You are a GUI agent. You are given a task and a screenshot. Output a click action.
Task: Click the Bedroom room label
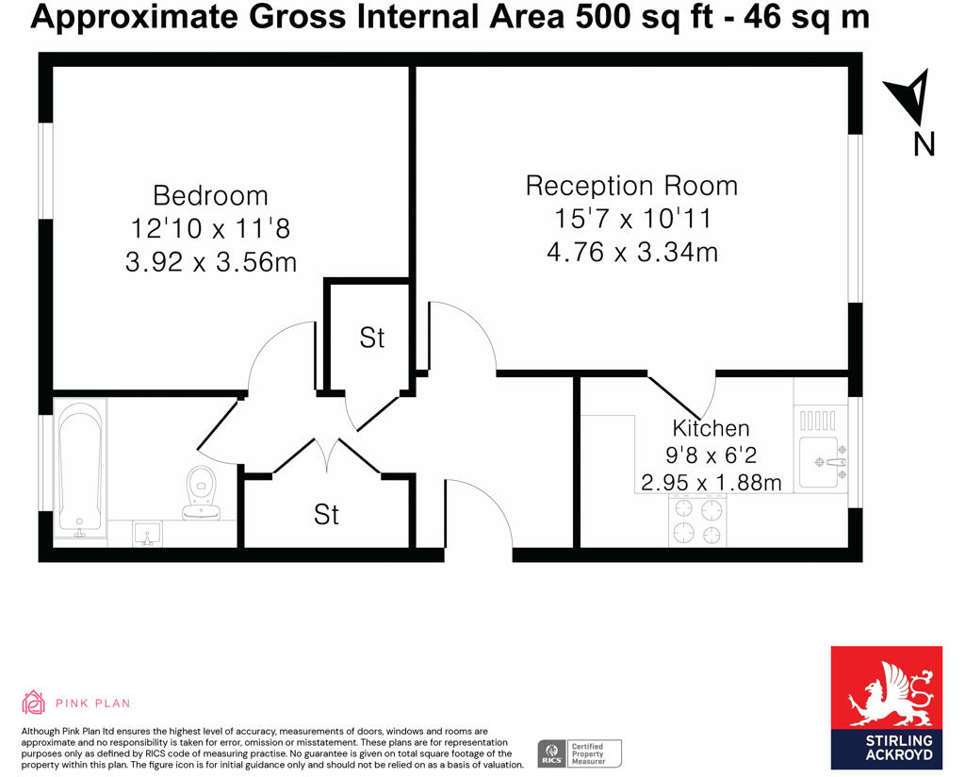click(210, 196)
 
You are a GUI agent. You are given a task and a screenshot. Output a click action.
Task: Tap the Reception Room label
click(631, 186)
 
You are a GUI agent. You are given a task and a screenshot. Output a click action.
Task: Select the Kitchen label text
click(711, 429)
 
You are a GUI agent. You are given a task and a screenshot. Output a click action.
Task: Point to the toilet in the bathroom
click(201, 490)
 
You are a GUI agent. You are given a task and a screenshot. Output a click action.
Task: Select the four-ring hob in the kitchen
click(698, 521)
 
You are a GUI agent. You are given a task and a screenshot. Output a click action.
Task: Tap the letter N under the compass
click(924, 143)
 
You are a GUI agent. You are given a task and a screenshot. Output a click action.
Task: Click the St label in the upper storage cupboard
click(372, 338)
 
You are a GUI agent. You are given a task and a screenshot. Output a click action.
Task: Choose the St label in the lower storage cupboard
click(326, 515)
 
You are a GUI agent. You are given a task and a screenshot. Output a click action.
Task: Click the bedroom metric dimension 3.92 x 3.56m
click(210, 261)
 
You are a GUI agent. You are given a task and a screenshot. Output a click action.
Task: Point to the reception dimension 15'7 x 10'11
click(631, 219)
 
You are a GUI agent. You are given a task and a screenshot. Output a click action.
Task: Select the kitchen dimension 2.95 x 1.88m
click(711, 484)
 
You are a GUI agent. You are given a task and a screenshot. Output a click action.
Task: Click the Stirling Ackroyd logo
click(885, 706)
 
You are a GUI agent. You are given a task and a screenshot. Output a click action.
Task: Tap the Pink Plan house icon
click(34, 703)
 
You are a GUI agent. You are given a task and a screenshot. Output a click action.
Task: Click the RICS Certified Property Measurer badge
click(580, 752)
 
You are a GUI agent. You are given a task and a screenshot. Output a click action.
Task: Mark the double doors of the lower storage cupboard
click(327, 456)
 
